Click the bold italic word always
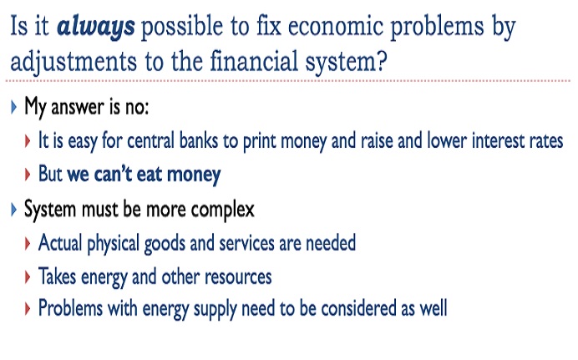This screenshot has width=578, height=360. click(96, 28)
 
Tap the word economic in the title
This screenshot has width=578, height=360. click(336, 26)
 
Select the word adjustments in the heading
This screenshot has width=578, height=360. click(74, 61)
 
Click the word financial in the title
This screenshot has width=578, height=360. click(254, 60)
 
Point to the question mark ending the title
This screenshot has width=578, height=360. click(382, 61)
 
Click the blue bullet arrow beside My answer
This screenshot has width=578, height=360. click(14, 107)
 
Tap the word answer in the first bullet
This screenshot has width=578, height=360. click(78, 108)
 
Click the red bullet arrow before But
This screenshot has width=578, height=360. click(28, 175)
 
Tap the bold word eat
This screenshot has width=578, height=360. click(150, 175)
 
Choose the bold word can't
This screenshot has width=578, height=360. click(113, 174)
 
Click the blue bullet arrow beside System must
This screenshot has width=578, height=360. click(14, 210)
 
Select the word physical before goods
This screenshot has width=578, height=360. click(113, 244)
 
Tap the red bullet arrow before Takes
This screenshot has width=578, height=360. click(28, 277)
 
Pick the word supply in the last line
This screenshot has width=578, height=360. click(215, 310)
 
